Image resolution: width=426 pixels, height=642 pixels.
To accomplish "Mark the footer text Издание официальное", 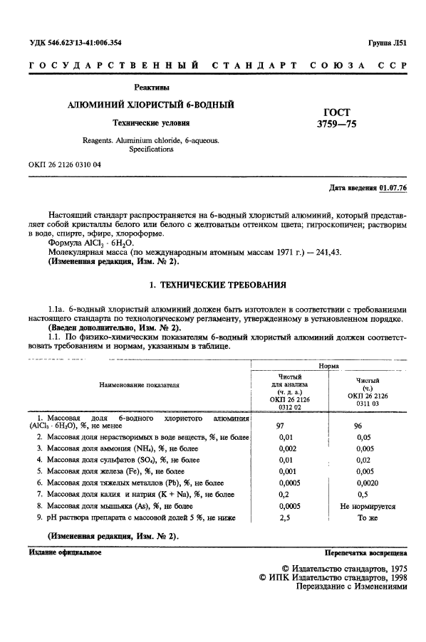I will click(66, 552).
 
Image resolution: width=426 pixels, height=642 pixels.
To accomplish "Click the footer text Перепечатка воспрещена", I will click(365, 552).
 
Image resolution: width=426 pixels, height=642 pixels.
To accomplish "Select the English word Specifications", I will click(150, 149).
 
